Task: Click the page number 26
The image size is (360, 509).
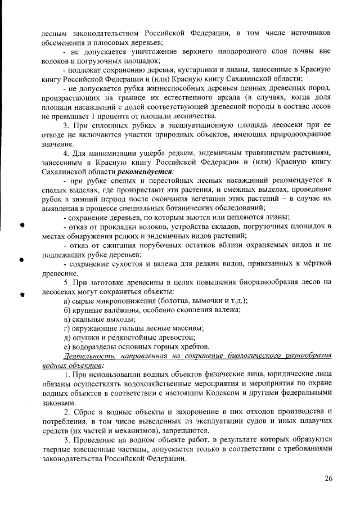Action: (330, 479)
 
